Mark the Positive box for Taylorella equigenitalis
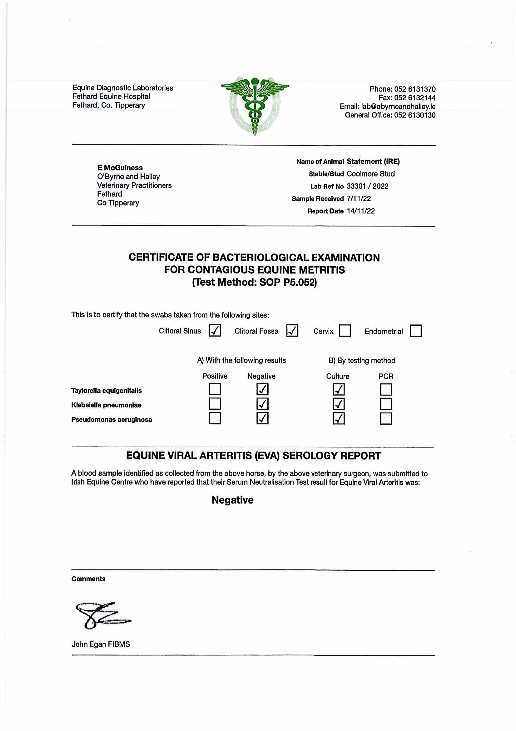[x=215, y=389]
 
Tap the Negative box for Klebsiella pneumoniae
[x=262, y=404]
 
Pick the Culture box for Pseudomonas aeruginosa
[x=339, y=418]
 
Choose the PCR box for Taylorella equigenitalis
[x=386, y=389]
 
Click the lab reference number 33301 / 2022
[x=367, y=186]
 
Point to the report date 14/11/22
[x=361, y=211]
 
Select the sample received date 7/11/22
[x=359, y=199]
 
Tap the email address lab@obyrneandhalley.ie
[x=398, y=107]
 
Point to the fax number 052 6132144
[x=415, y=98]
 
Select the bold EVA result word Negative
[x=233, y=500]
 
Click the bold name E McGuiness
[x=120, y=168]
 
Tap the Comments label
[x=88, y=579]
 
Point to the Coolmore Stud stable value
[x=371, y=174]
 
